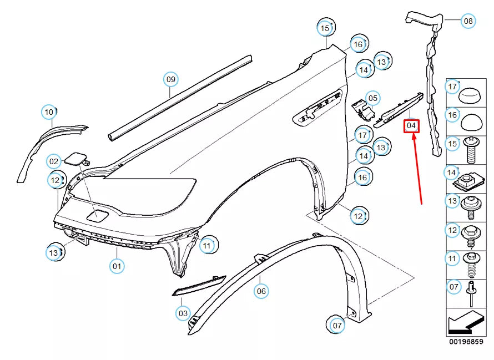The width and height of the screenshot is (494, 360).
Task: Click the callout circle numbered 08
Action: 468,22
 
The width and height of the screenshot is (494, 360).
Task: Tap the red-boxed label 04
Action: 411,126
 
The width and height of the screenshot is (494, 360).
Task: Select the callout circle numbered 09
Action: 171,79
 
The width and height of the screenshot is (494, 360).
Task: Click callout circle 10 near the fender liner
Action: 49,112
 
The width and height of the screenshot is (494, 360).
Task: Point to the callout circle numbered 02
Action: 53,162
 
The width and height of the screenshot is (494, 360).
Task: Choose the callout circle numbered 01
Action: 117,266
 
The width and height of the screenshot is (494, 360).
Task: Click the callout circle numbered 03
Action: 183,313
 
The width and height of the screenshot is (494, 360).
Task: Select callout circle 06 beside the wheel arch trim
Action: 261,290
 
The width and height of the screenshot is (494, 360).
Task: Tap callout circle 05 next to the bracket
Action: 372,99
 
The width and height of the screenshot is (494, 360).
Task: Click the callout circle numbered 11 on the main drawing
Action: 207,245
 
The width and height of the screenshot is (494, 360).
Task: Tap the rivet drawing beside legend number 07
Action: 471,292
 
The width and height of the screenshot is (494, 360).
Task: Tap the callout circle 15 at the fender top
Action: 325,27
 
